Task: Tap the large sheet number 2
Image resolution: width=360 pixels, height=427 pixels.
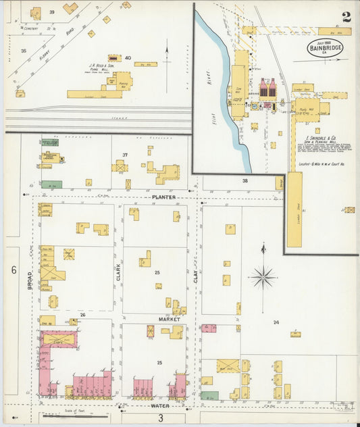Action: (346, 17)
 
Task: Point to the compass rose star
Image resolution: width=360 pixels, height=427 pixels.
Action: (263, 276)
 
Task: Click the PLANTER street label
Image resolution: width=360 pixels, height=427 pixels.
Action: (163, 197)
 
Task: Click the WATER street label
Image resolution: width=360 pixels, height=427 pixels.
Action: (160, 405)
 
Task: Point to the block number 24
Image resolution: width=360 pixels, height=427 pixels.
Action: (276, 322)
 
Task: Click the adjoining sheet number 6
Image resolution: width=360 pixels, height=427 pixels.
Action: (13, 270)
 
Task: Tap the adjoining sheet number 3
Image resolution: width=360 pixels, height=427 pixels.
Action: (161, 418)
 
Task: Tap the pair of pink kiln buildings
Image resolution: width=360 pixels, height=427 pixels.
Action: (267, 87)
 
